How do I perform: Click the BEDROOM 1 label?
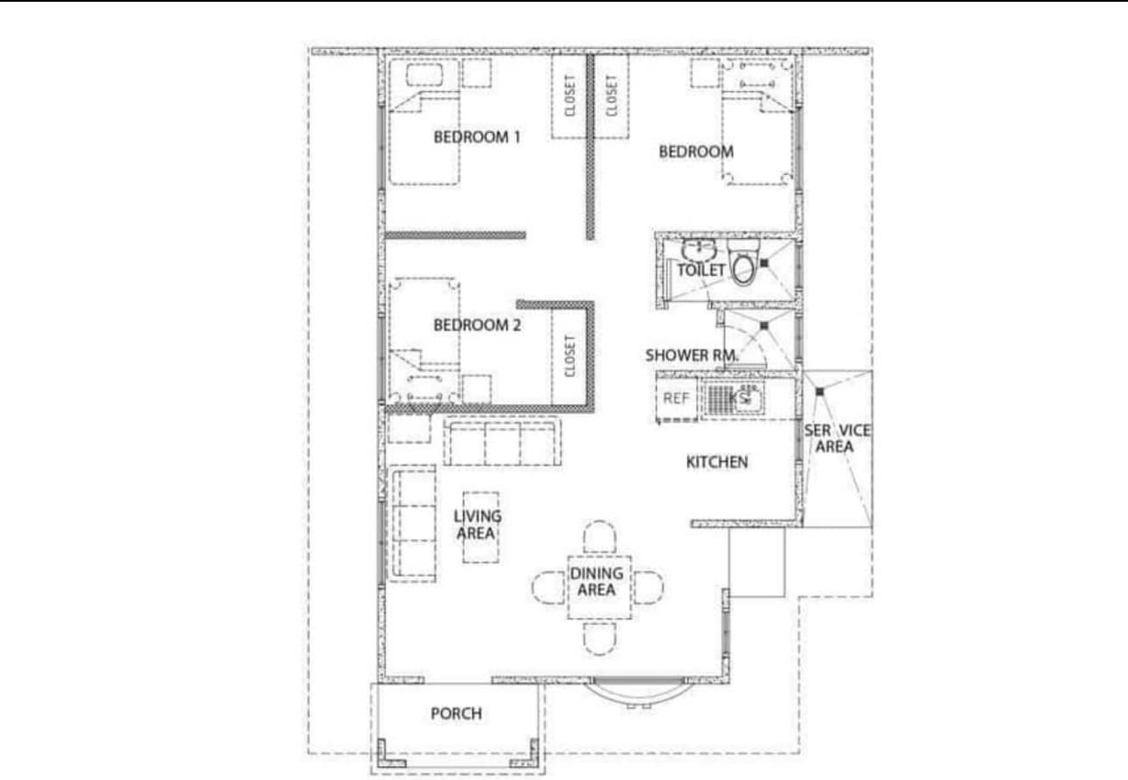(477, 137)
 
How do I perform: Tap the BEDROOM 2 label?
(477, 325)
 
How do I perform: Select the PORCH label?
(456, 714)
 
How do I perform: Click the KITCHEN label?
(716, 462)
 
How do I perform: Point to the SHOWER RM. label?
(692, 355)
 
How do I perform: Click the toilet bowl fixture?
(743, 262)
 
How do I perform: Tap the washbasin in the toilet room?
(700, 249)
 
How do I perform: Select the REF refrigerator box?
(676, 399)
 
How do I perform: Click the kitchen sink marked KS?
(735, 399)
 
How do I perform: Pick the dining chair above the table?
(599, 537)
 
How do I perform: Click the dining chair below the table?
(600, 638)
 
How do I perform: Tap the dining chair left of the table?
(548, 588)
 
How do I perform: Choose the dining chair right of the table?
(649, 588)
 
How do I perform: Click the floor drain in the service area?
(820, 392)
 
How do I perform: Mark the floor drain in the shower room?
(764, 326)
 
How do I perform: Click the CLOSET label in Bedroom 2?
(569, 356)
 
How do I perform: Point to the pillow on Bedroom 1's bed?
(424, 75)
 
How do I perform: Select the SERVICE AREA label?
(837, 438)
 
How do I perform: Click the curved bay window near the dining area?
(638, 692)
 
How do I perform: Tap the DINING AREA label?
(596, 582)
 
